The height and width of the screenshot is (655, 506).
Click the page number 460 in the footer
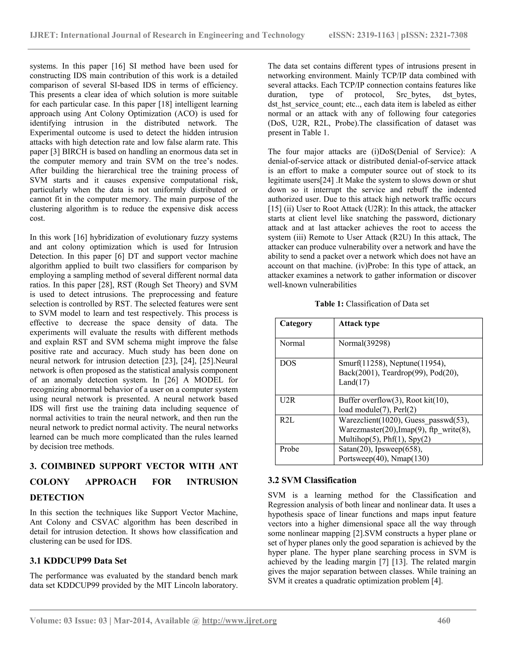[x=444, y=620]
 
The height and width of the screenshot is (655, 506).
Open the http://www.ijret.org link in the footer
[x=239, y=620]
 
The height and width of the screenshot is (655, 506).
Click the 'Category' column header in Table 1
[x=296, y=323]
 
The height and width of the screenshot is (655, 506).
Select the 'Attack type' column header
[x=359, y=323]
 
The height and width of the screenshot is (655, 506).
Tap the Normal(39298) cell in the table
[x=364, y=343]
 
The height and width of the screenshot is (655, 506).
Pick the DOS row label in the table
[x=288, y=363]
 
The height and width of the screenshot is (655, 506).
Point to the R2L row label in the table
[x=287, y=420]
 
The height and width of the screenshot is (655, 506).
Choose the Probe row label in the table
[x=289, y=449]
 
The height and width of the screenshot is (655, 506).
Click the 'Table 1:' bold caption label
[x=329, y=304]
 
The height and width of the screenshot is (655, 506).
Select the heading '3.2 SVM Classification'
[x=312, y=480]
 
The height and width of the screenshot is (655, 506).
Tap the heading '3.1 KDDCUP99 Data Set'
[x=78, y=561]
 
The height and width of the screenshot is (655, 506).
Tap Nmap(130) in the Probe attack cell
[x=410, y=458]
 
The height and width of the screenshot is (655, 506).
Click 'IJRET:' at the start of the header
[x=44, y=35]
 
